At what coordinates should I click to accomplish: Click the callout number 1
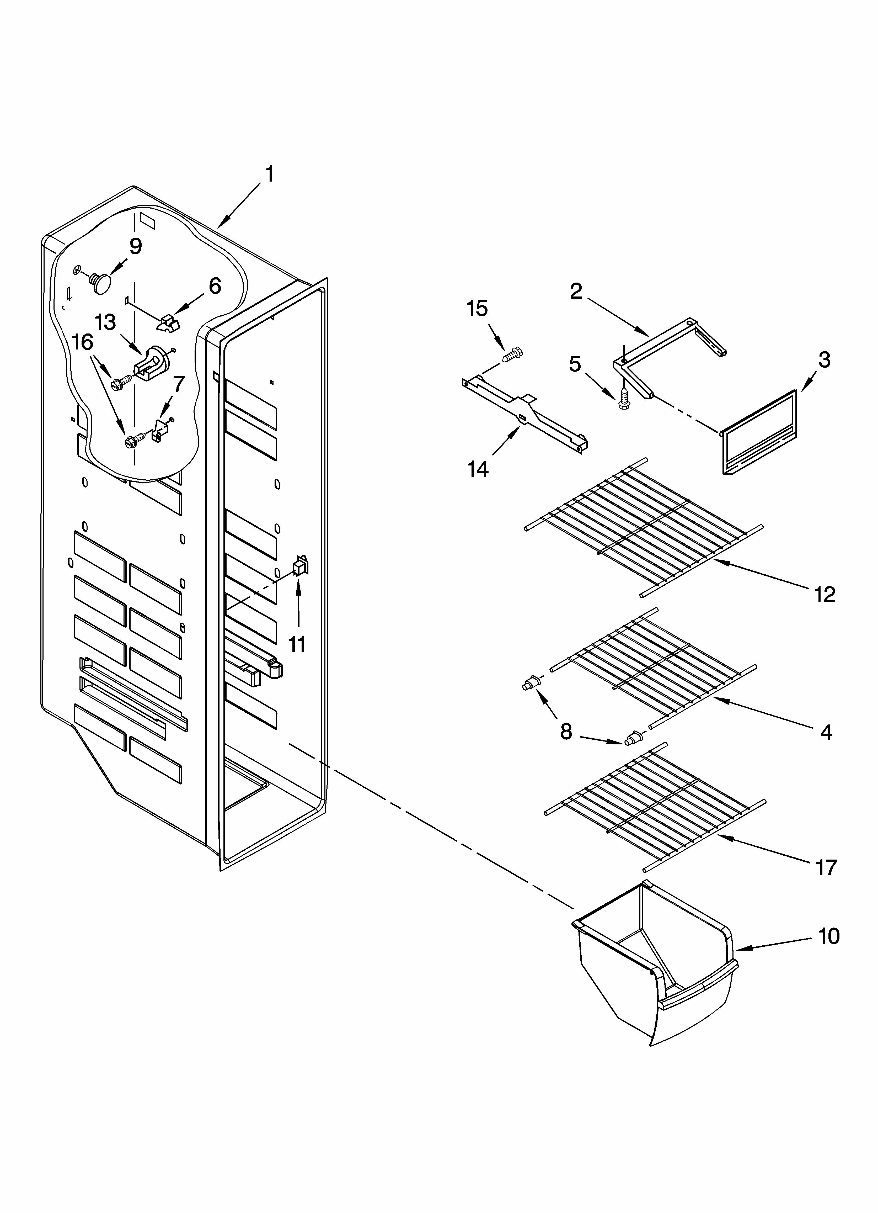click(270, 174)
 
